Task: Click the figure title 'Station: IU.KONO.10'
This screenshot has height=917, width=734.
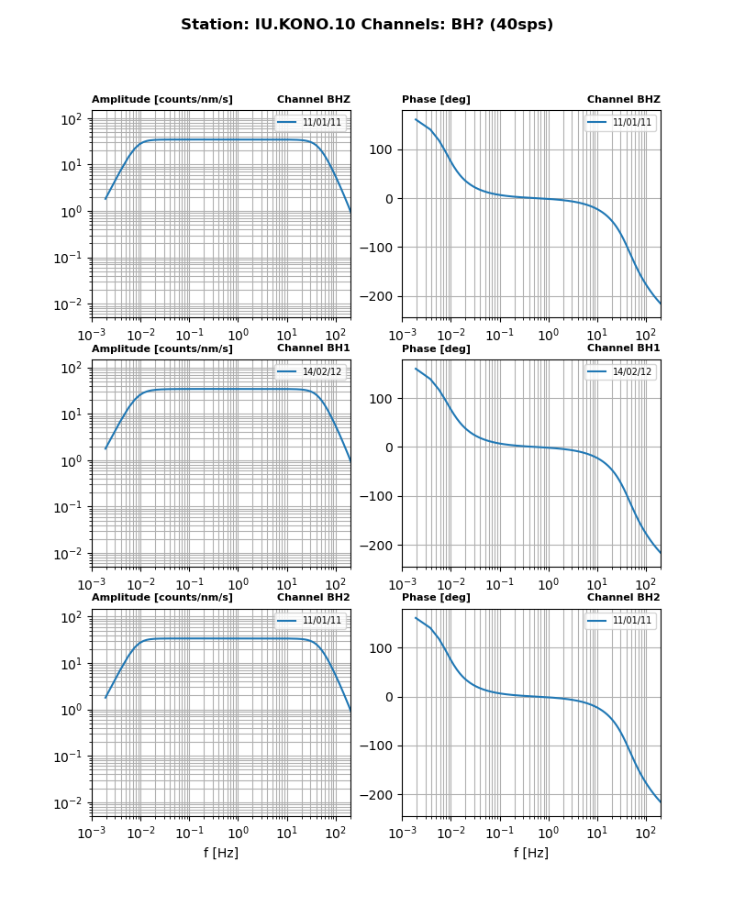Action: point(366,25)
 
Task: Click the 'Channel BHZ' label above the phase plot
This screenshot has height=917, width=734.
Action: point(623,99)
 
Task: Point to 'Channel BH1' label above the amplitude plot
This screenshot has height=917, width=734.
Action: point(313,348)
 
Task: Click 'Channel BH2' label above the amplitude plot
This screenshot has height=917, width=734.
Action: point(313,597)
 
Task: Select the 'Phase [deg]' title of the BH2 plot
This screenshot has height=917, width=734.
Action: point(436,598)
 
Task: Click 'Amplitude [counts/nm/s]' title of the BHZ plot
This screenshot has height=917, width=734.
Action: point(162,99)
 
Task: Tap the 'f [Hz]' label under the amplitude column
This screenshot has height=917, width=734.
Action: point(220,853)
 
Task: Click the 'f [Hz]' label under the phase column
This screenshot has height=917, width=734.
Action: point(530,853)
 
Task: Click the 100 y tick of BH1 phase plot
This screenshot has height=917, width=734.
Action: point(384,399)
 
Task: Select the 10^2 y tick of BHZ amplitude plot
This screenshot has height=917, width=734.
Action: point(72,119)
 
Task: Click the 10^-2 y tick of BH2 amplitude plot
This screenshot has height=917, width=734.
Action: point(70,803)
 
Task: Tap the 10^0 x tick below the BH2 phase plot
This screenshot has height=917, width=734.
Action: point(548,833)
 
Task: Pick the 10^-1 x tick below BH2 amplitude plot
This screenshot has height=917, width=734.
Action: point(189,833)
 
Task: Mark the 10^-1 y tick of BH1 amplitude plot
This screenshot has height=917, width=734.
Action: point(70,508)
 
